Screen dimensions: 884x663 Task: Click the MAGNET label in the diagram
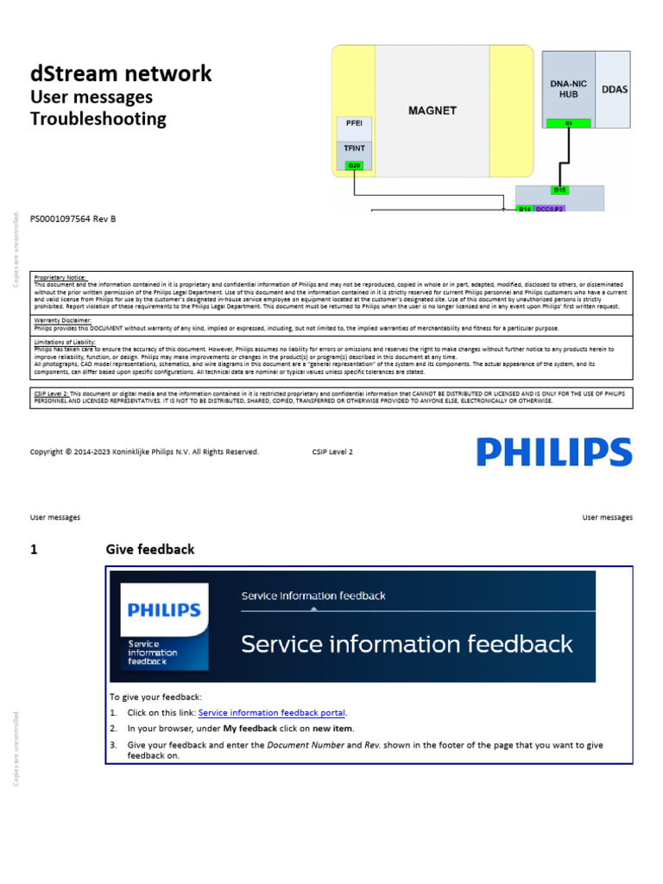coord(433,110)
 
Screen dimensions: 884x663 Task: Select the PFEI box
coord(354,123)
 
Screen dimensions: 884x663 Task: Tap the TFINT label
coord(354,148)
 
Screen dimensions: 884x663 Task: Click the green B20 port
coord(354,165)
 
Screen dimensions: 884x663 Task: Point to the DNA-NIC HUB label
coord(568,88)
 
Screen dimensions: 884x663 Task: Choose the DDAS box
coord(615,89)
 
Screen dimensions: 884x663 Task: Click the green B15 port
coord(559,190)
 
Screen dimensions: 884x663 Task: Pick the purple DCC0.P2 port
coord(550,209)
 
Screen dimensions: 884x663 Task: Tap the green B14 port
coord(525,209)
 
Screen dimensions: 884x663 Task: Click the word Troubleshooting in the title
coord(98,119)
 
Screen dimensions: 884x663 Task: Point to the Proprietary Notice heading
coord(60,277)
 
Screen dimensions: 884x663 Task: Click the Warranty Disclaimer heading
coord(63,319)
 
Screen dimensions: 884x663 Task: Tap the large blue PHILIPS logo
coord(554,452)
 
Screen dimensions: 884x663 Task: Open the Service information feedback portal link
coord(272,713)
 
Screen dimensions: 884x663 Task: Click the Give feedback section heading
coord(150,549)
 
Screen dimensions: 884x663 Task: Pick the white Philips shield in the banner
coord(164,626)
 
